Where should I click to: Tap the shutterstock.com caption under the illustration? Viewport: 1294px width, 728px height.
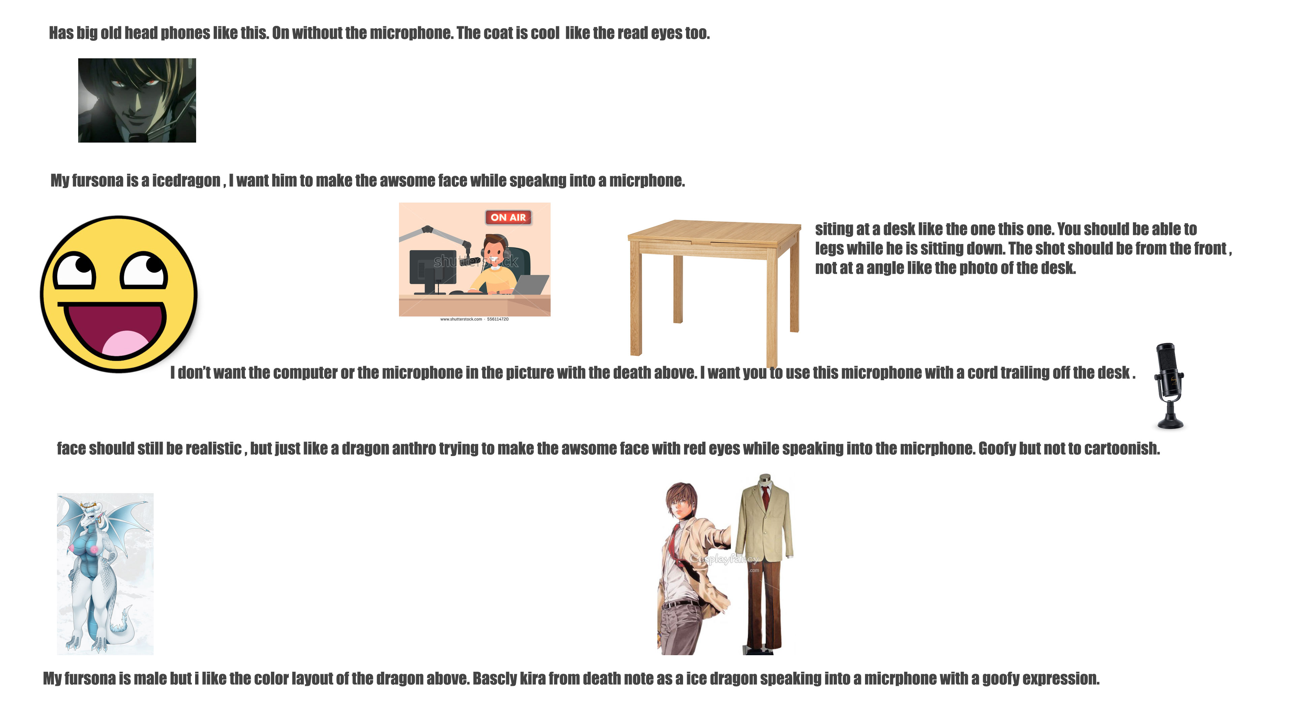point(474,319)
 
